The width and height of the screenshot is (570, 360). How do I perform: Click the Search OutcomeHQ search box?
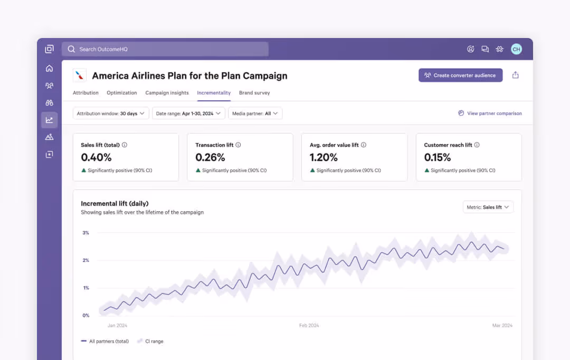tap(165, 49)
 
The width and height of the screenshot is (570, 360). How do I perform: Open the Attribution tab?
tap(85, 93)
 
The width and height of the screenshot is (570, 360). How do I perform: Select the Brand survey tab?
tap(254, 93)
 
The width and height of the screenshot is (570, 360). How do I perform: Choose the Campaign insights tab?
tap(167, 93)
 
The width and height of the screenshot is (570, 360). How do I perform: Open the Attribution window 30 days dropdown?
tap(111, 113)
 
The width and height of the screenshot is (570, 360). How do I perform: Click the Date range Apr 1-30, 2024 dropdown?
tap(188, 113)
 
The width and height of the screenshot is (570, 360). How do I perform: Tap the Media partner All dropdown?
tap(255, 113)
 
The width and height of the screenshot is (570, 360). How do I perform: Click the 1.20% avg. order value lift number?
tap(324, 157)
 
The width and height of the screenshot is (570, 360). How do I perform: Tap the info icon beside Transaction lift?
tap(239, 145)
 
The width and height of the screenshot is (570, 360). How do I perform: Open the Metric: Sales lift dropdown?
tap(488, 207)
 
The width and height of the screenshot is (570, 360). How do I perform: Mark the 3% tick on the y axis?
tap(85, 233)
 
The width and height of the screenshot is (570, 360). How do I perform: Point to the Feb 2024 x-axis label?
tap(309, 326)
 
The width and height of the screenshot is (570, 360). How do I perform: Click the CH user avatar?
tap(516, 49)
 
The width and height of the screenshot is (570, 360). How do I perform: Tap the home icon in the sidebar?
tap(49, 68)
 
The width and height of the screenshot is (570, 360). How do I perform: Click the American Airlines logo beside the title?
tap(80, 75)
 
